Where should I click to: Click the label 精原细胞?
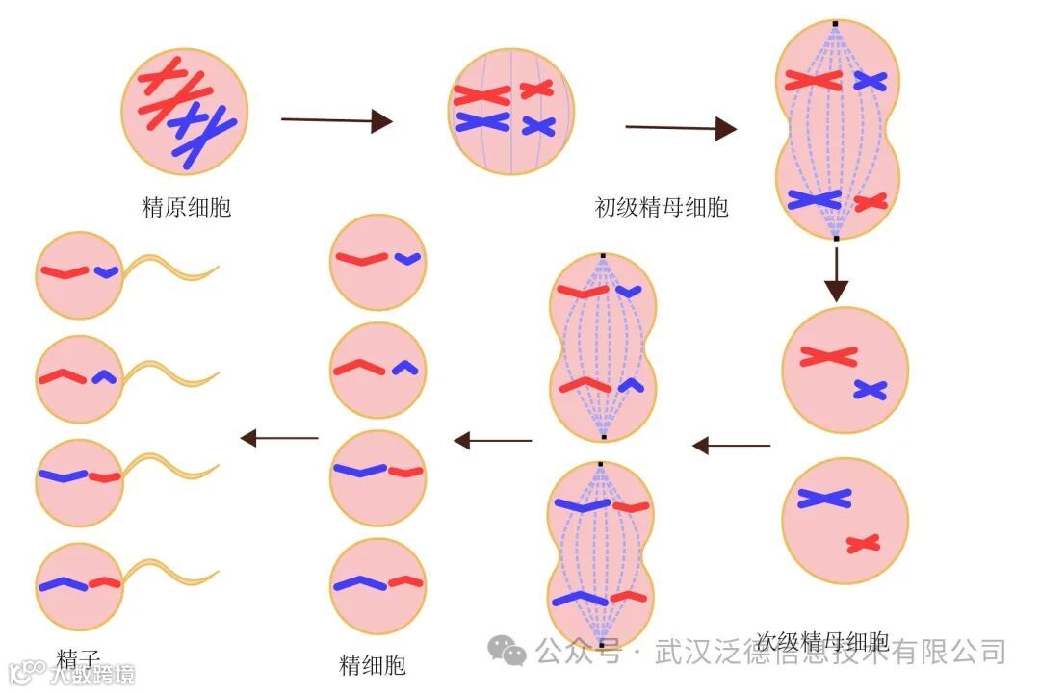187,207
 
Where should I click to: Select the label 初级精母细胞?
662,207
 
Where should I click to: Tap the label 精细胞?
373,665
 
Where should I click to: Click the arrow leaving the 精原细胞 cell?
336,120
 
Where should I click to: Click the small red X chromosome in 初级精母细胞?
536,90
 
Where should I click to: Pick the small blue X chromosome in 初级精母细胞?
538,126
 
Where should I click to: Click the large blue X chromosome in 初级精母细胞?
482,121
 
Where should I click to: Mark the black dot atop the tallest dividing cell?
836,22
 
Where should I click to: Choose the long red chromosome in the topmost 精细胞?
361,258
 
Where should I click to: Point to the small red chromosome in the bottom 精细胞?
406,581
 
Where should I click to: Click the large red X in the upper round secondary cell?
828,356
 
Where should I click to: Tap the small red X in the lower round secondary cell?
864,544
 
